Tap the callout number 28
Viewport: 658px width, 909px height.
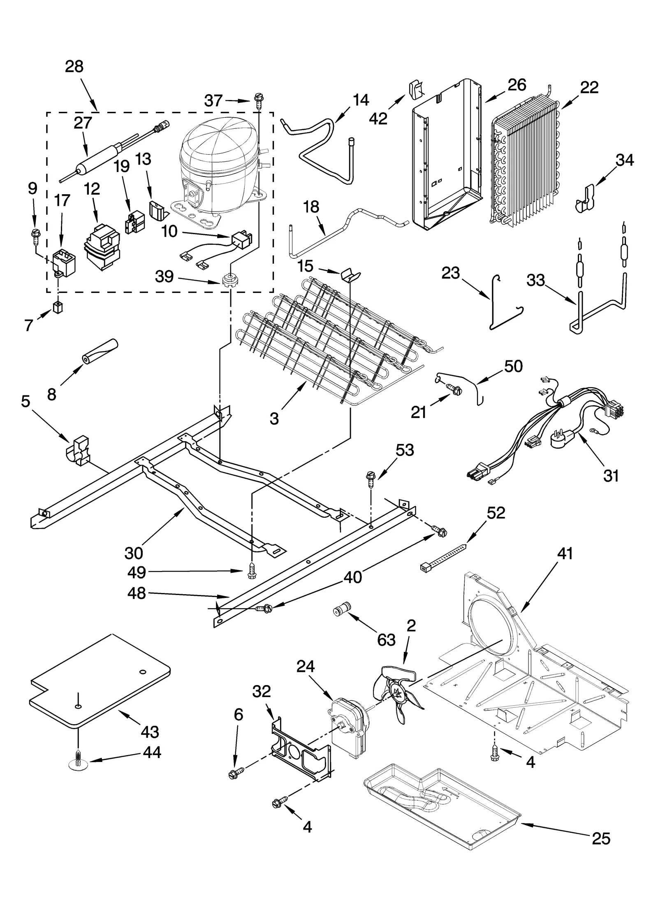74,67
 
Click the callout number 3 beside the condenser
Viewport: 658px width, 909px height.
274,418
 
